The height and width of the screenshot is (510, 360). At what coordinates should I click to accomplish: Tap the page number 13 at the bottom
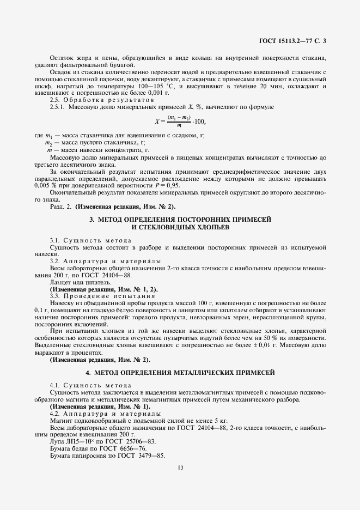click(180, 466)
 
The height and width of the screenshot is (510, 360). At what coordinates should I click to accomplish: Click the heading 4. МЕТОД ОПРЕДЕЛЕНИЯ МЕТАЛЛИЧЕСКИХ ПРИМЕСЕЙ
click(180, 373)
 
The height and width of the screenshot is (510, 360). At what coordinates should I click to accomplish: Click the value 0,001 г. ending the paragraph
click(134, 93)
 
